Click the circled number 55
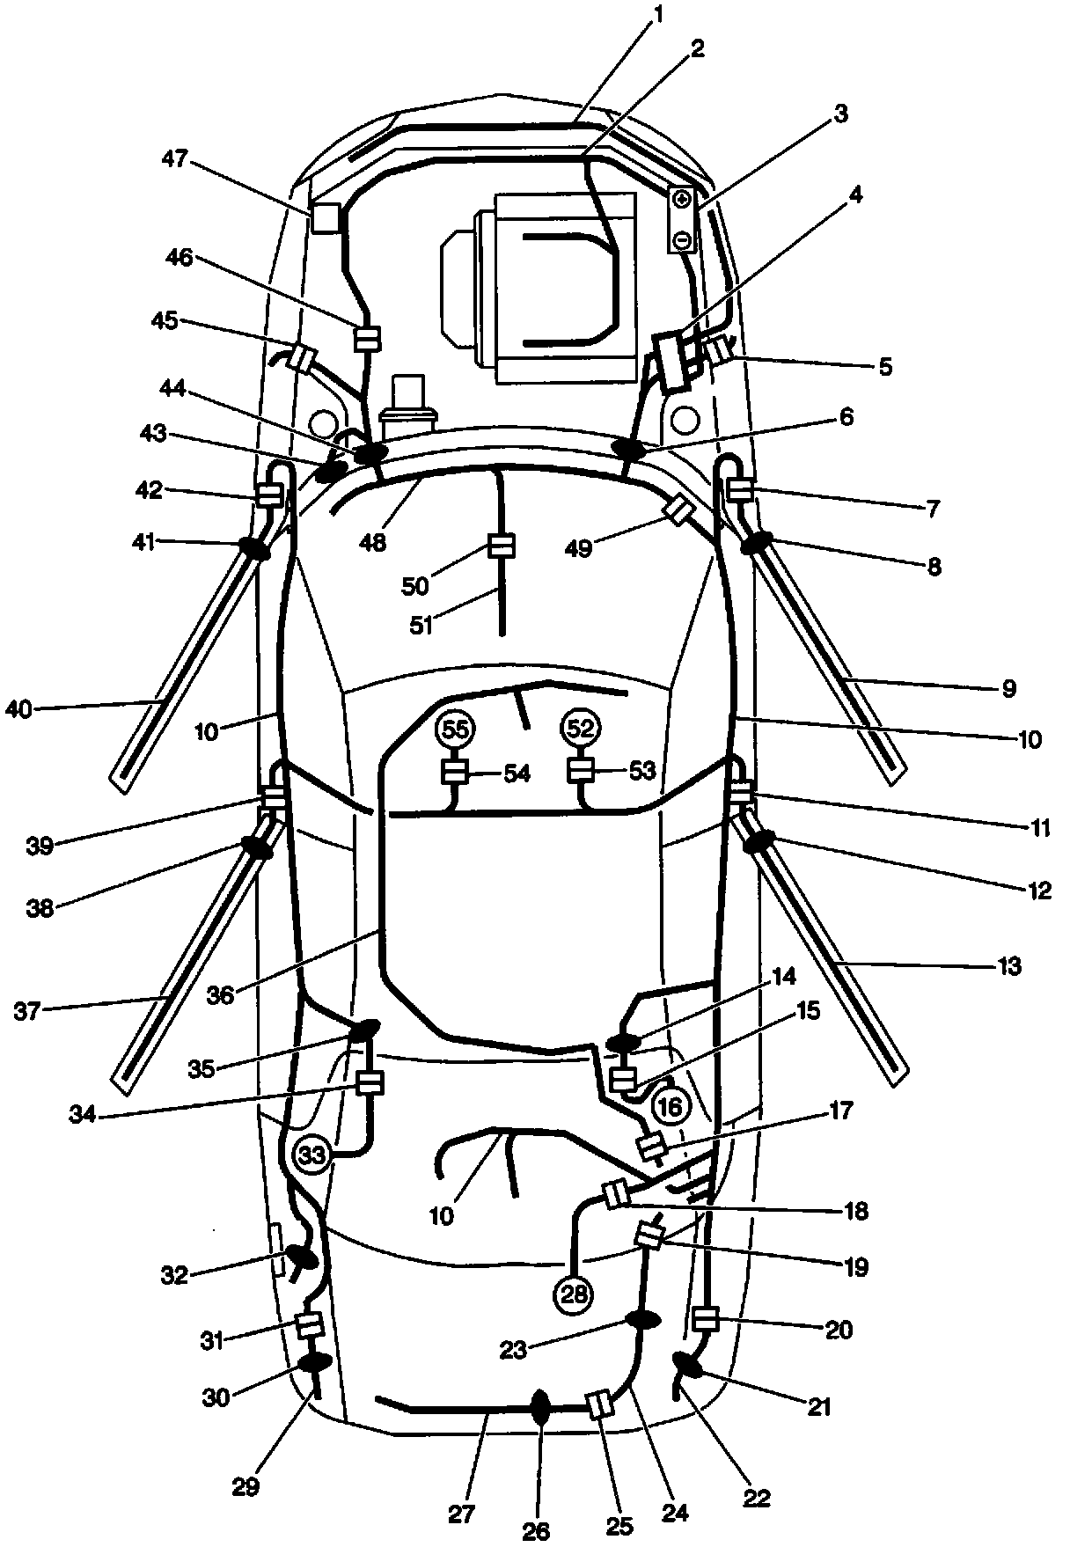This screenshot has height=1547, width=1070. [457, 729]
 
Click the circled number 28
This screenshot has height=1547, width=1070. [573, 1293]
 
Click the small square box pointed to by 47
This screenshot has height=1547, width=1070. [325, 218]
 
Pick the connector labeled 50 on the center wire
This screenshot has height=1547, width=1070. [500, 546]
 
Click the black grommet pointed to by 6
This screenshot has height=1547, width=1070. [630, 448]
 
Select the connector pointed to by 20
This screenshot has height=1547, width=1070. [706, 1318]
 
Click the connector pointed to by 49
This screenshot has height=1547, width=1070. [680, 510]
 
